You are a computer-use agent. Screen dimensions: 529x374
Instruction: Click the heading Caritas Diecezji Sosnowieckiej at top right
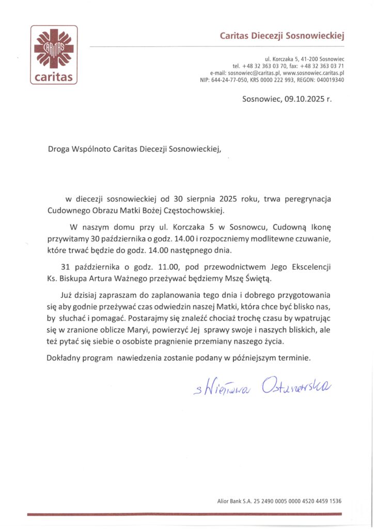282,36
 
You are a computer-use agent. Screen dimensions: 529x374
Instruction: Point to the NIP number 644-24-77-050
232,80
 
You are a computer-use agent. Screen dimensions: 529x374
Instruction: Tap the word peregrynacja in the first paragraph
306,199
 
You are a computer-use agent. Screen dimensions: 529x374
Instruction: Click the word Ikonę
323,227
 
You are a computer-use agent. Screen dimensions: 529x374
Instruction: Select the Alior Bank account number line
279,501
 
